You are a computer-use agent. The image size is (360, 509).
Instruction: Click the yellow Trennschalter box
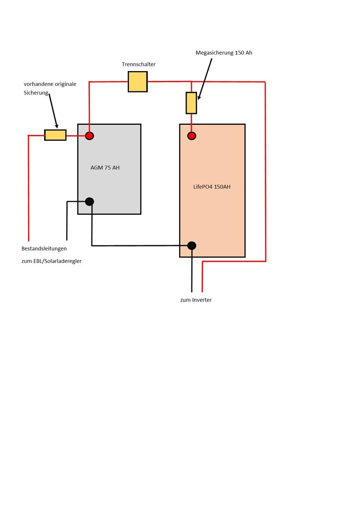point(138,82)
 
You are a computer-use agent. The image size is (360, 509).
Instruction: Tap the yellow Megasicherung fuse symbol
point(191,103)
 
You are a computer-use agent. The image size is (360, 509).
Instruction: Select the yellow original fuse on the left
point(55,135)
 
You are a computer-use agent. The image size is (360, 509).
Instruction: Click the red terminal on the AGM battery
point(90,136)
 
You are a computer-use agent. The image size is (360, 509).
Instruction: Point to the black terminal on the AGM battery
point(90,202)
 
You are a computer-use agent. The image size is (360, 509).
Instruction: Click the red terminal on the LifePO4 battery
point(191,136)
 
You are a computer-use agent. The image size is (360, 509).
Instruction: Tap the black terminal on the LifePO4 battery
point(191,246)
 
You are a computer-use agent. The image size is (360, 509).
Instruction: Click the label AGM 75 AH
point(105,168)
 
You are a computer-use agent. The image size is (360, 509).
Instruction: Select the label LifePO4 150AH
point(212,187)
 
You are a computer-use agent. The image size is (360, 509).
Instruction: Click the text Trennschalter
point(139,64)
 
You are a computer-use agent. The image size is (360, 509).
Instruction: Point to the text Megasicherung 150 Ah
point(224,53)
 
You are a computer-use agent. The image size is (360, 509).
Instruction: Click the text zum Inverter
point(196,300)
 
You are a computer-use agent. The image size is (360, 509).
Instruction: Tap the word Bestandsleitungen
point(44,249)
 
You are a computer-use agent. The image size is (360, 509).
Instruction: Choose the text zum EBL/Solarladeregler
point(51,261)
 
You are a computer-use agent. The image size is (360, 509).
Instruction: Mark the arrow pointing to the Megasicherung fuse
point(205,79)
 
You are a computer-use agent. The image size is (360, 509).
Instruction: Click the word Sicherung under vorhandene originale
point(36,93)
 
